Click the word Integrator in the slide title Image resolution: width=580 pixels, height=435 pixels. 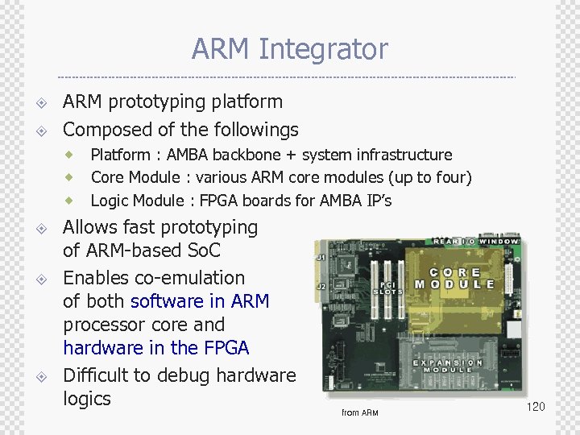[323, 50]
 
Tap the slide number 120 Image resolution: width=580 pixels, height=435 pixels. [536, 407]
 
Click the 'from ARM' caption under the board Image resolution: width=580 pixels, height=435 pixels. [359, 413]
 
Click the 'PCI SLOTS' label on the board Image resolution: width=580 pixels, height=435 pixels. [391, 288]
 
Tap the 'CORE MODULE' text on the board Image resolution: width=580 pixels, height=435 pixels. [454, 279]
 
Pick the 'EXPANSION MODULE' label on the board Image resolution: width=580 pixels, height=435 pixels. [449, 367]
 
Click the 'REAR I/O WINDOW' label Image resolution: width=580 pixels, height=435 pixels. [479, 242]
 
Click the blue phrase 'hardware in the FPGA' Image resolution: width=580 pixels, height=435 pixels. [156, 348]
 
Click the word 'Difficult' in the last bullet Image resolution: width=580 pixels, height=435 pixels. [97, 375]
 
